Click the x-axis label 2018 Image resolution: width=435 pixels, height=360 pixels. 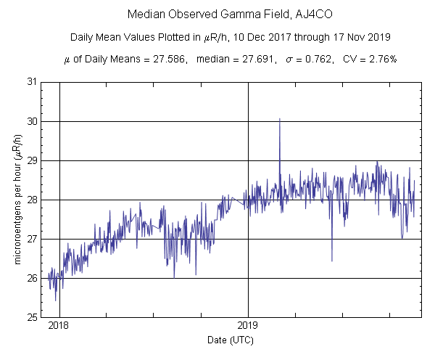tap(59, 327)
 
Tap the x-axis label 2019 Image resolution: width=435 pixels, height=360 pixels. tap(248, 327)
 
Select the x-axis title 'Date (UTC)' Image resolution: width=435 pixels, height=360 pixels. tap(229, 340)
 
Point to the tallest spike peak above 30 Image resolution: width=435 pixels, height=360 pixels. tap(280, 119)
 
